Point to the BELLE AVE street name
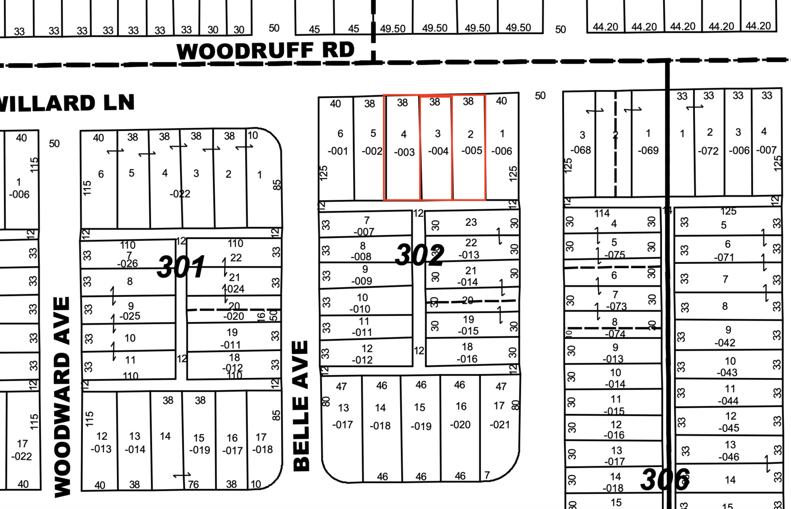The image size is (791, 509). click(x=301, y=405)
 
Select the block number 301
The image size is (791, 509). click(x=181, y=267)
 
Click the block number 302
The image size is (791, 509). click(x=420, y=255)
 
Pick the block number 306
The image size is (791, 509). click(x=665, y=479)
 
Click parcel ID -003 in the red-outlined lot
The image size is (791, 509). click(x=404, y=152)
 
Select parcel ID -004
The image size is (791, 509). click(x=438, y=151)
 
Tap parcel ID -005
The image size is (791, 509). click(x=471, y=151)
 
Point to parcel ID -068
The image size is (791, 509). click(x=581, y=150)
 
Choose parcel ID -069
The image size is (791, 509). click(x=648, y=151)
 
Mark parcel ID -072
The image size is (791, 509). click(x=708, y=151)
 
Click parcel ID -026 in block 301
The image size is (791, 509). click(x=128, y=264)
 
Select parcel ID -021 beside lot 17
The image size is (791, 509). click(x=500, y=425)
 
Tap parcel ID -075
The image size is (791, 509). click(x=615, y=255)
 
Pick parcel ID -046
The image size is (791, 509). click(x=728, y=457)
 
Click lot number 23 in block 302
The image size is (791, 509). click(x=471, y=222)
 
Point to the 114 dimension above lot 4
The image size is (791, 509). click(x=602, y=213)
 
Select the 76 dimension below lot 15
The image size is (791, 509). click(x=193, y=484)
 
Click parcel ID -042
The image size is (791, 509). click(x=725, y=343)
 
